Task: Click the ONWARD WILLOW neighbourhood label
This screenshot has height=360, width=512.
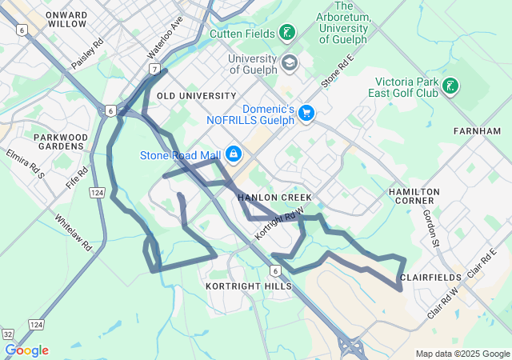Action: coord(66,19)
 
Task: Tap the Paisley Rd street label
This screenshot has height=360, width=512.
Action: coord(88,52)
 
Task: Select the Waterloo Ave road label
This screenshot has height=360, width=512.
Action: coord(165,37)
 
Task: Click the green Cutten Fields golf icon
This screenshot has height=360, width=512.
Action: coord(286,33)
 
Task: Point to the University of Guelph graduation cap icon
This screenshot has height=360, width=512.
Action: coord(288,62)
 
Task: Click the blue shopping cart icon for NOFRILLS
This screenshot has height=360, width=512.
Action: coord(306,114)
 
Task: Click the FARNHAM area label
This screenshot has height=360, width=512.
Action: coord(477,130)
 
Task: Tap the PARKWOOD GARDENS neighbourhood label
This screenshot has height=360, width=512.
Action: coord(60,142)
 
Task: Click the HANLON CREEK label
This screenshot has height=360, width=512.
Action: coord(274,197)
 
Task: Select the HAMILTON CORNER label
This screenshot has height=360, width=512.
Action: coord(414,198)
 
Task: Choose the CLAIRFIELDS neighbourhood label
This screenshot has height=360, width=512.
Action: coord(431,278)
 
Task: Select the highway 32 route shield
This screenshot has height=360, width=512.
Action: coord(7,333)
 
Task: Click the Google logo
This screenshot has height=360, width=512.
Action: coord(26,350)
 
